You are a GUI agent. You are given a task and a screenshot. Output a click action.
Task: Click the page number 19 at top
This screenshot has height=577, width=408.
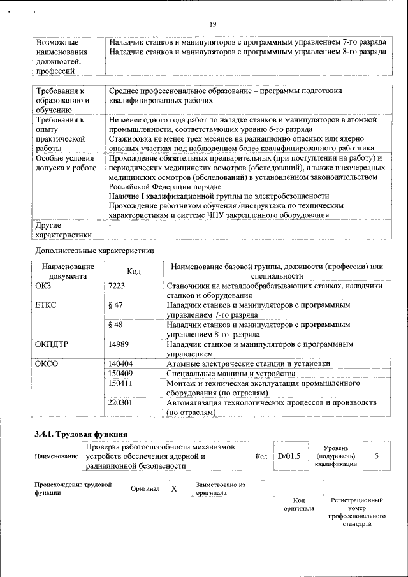click(213, 24)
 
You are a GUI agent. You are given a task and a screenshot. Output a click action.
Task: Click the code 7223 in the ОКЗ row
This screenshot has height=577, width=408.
click(117, 287)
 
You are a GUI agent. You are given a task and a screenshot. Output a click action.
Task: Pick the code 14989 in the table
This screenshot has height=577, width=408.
click(119, 344)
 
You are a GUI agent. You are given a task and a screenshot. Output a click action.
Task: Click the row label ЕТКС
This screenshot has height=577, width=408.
click(47, 306)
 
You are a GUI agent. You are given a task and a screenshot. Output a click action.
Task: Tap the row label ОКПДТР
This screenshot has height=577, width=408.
click(52, 344)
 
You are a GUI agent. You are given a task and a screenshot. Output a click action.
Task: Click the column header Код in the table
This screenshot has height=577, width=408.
click(134, 272)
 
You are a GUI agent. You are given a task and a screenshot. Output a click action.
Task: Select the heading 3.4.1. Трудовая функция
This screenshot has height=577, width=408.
click(76, 435)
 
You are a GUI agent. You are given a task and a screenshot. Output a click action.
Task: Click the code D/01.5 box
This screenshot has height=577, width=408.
click(289, 456)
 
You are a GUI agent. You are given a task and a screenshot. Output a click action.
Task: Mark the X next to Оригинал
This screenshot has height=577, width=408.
click(173, 489)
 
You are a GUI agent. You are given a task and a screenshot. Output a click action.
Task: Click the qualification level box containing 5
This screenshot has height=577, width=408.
click(377, 456)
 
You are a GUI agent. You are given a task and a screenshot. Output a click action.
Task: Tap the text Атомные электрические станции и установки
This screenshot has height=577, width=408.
click(248, 363)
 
